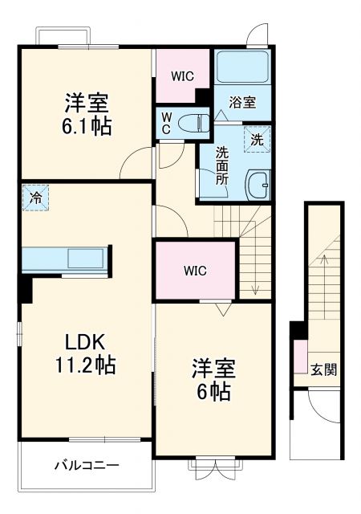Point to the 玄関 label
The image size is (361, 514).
pyautogui.click(x=323, y=370)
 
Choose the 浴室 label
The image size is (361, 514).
pyautogui.click(x=241, y=102)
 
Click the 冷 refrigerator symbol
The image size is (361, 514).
pyautogui.click(x=35, y=196)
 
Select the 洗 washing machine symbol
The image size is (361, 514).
pyautogui.click(x=257, y=138)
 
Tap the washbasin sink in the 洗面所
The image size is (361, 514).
pyautogui.click(x=258, y=186)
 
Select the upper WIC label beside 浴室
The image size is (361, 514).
pyautogui.click(x=182, y=77)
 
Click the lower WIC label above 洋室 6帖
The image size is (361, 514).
pyautogui.click(x=195, y=271)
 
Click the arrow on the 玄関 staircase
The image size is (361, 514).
pyautogui.click(x=323, y=259)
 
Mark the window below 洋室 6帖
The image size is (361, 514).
pyautogui.click(x=212, y=463)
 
